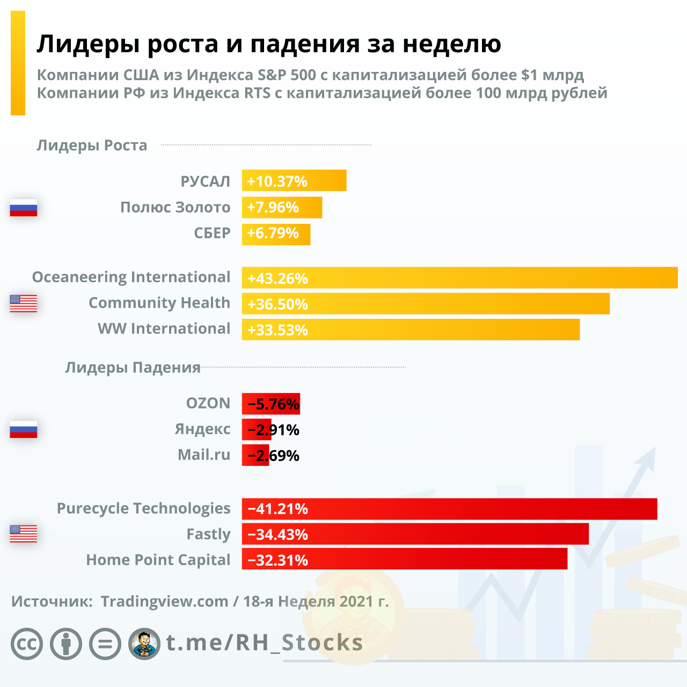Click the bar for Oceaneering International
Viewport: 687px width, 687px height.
459,277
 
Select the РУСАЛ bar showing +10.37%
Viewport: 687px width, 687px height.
294,180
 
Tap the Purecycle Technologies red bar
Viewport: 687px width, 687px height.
449,508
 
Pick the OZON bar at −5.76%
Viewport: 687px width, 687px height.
271,404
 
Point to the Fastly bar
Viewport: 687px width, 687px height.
415,534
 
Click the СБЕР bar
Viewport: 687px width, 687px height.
276,234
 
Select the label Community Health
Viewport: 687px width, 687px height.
159,303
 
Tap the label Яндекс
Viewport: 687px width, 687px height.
202,429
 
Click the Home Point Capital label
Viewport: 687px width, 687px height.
158,560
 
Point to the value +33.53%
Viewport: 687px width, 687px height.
277,330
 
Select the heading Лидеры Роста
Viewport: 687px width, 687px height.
92,145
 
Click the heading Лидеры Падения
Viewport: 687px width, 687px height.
133,368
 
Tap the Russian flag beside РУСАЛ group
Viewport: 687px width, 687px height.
24,208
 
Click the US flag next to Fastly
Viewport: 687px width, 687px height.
24,533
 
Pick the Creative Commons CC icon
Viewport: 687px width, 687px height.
27,644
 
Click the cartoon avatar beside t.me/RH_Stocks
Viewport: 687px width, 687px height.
144,644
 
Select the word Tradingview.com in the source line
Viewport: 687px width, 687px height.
164,601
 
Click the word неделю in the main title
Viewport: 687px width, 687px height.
452,44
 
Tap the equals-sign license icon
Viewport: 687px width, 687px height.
105,644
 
